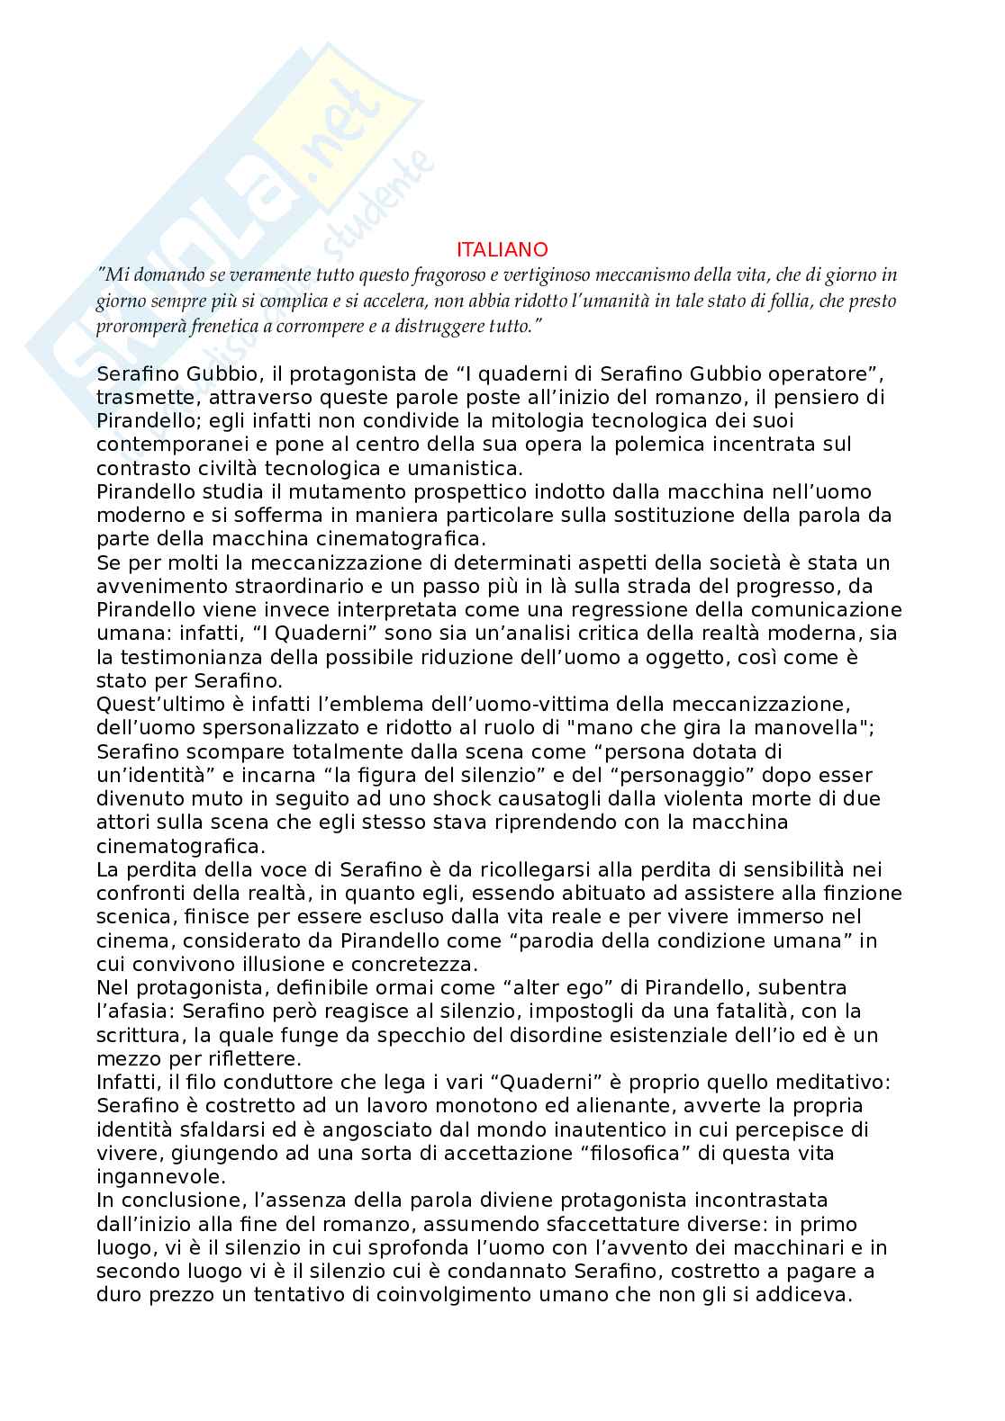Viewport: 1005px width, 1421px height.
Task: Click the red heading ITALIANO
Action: click(502, 249)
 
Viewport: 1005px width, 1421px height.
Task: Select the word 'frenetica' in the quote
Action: click(200, 325)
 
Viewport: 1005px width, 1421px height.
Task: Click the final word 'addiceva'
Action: click(810, 1295)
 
